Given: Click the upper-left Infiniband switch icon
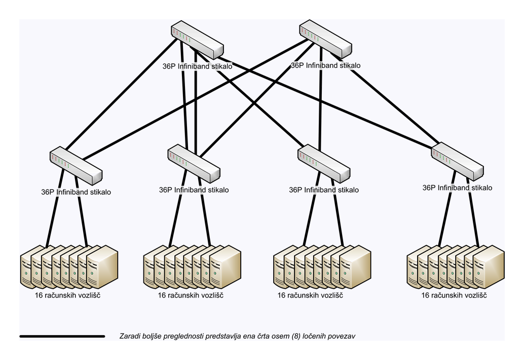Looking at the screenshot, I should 197,41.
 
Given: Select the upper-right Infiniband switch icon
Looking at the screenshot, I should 325,40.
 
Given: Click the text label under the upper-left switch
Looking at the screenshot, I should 197,66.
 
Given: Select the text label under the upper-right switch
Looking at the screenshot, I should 325,65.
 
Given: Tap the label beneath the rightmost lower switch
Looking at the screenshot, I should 457,188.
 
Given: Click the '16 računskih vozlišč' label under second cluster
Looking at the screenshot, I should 191,295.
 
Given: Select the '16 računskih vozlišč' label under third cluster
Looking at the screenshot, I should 310,295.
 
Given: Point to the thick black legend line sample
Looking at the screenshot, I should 62,336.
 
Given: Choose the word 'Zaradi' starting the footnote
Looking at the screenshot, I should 130,336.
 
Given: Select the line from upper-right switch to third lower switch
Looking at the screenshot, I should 320,101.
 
